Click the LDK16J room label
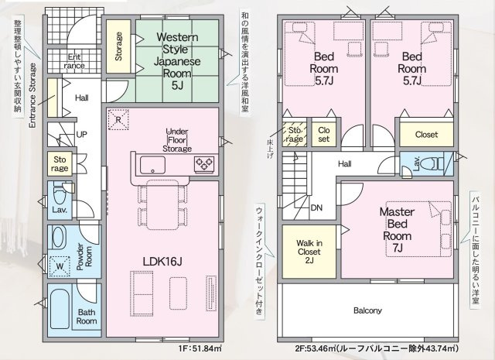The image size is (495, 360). [162, 262]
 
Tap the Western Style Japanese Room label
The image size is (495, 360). [177, 60]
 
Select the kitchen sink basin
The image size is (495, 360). [153, 165]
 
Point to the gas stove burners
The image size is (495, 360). [204, 164]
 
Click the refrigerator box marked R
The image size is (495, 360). [118, 119]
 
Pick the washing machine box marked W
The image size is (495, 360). [60, 266]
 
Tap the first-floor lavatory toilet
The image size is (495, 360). [59, 194]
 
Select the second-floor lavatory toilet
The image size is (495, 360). [435, 163]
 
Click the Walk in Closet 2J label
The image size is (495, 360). [309, 252]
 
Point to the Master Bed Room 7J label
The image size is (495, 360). [397, 230]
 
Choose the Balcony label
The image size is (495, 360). [367, 310]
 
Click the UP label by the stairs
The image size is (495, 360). [81, 135]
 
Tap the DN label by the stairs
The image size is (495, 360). [316, 207]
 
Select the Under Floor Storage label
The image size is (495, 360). [177, 140]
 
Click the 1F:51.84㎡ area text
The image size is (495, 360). [200, 349]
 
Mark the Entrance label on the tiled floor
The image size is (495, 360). [74, 61]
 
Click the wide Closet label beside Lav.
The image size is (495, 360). [426, 135]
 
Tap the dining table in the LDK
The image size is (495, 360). [162, 205]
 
